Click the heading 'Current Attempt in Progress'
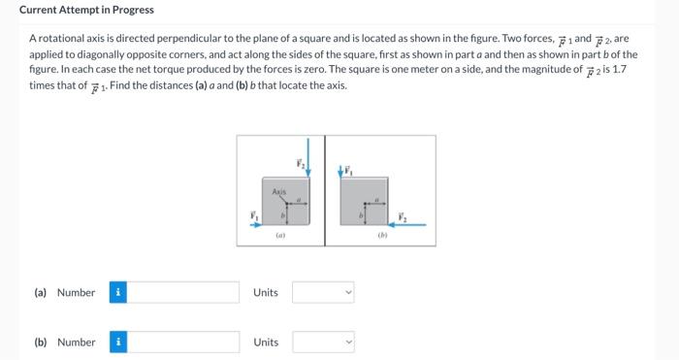coord(86,10)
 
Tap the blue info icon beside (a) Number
coord(117,292)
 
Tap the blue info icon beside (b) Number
coord(117,343)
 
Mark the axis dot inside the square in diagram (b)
coord(366,204)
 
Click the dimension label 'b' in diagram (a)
coord(281,213)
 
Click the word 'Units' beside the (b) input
coord(266,343)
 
